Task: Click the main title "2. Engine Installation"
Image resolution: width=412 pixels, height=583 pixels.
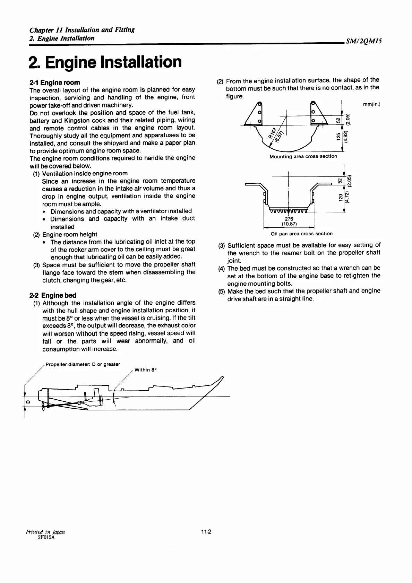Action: click(x=105, y=62)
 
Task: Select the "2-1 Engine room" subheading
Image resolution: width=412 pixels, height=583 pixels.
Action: click(x=55, y=82)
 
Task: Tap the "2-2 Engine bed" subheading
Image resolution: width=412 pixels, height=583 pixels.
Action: click(x=53, y=295)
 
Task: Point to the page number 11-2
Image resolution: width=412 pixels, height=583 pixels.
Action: click(x=206, y=532)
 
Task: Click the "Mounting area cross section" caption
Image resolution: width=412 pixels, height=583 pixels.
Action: click(x=303, y=156)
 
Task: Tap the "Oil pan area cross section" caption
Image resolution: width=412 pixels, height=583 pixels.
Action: click(x=301, y=234)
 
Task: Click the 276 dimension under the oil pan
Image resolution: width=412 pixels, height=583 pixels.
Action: click(x=289, y=219)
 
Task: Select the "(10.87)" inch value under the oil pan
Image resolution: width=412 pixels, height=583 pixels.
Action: click(x=289, y=224)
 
